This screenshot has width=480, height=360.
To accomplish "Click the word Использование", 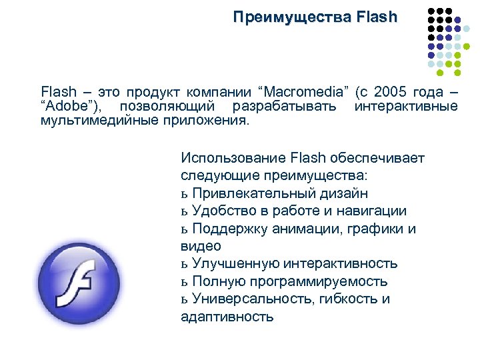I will [x=233, y=159].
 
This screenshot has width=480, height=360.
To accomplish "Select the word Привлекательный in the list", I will [x=247, y=193].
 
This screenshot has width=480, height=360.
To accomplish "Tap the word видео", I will [x=201, y=246].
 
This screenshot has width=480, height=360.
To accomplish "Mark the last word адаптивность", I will [x=227, y=317].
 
